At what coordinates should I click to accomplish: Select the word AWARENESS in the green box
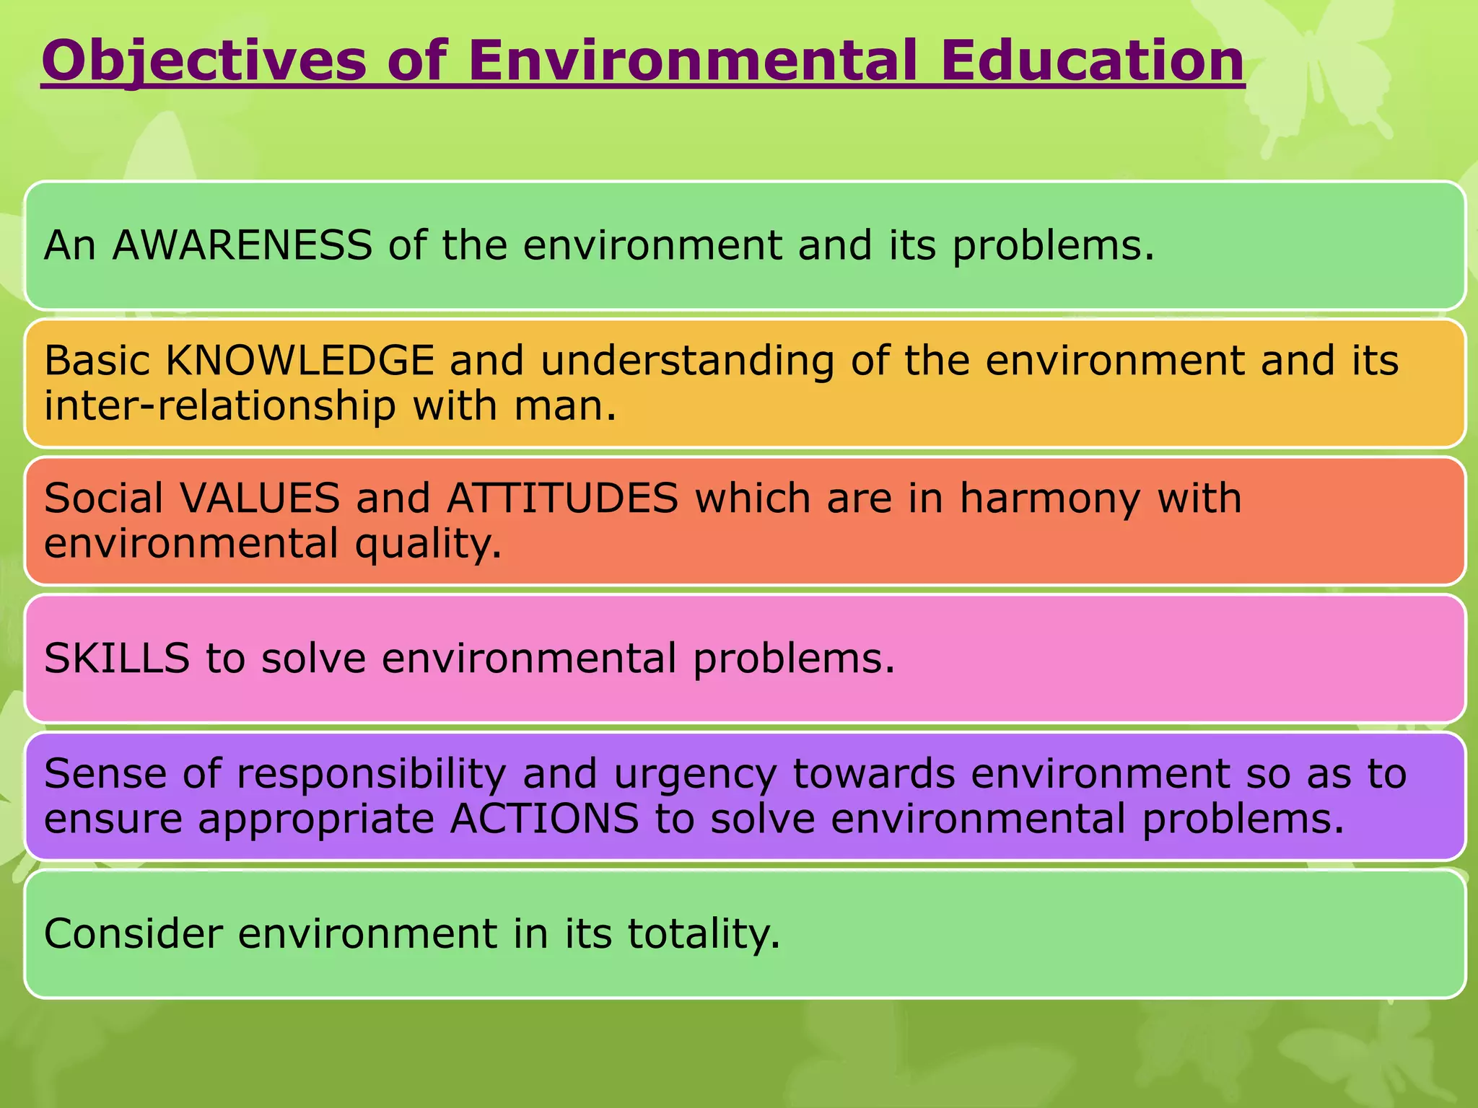pos(242,245)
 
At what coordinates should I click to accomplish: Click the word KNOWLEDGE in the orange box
pos(300,361)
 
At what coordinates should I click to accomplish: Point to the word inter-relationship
pos(219,405)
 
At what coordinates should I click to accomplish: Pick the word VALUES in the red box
pos(260,498)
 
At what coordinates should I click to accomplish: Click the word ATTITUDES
pos(563,498)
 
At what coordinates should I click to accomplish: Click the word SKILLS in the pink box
pos(117,659)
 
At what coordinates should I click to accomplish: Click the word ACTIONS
pos(544,819)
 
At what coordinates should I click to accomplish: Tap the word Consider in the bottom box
pos(134,933)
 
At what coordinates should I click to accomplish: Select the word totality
pos(704,934)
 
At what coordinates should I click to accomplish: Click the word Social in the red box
pos(104,498)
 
